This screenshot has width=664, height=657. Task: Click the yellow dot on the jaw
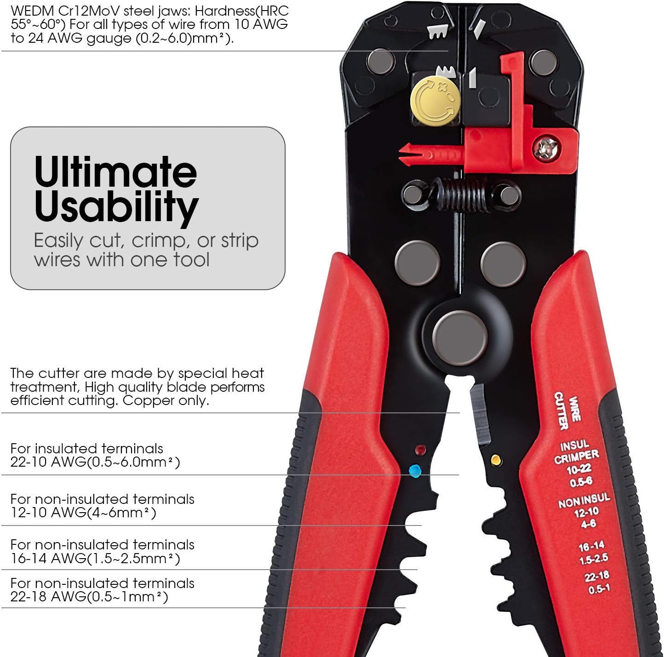click(x=496, y=460)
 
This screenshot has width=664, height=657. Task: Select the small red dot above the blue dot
click(x=420, y=450)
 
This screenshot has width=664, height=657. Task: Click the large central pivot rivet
click(x=460, y=338)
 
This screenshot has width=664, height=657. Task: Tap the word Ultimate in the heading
click(x=115, y=172)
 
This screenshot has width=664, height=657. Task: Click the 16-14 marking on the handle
click(x=591, y=546)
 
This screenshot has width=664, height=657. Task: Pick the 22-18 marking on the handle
click(x=597, y=576)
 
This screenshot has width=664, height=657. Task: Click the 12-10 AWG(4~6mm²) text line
click(x=83, y=512)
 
